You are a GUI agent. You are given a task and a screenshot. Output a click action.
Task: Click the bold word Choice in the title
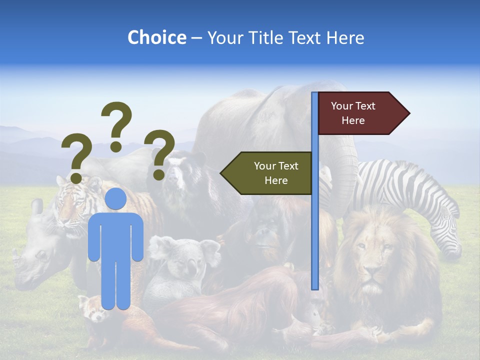(156, 37)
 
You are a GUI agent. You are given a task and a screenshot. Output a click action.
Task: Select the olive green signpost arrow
(267, 173)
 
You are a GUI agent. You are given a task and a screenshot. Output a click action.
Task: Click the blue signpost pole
(315, 190)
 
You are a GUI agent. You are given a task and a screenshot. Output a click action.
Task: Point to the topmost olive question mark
(116, 125)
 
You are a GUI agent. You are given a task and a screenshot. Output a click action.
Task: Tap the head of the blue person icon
(116, 198)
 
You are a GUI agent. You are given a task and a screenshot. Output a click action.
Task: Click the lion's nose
(371, 272)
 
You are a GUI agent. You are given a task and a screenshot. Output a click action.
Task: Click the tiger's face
(72, 200)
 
